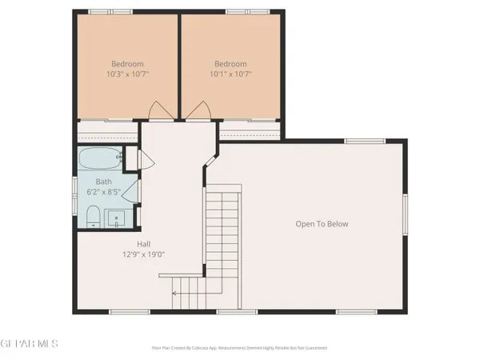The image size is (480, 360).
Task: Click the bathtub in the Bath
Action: pyautogui.click(x=100, y=157)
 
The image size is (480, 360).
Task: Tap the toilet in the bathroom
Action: pyautogui.click(x=92, y=216)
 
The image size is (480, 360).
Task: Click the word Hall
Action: pyautogui.click(x=144, y=244)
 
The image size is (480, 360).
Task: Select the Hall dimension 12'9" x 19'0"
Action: pyautogui.click(x=144, y=254)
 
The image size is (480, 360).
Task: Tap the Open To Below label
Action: pyautogui.click(x=322, y=224)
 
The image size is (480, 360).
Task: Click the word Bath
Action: pyautogui.click(x=104, y=182)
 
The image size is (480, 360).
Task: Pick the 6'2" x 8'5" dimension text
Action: pyautogui.click(x=104, y=192)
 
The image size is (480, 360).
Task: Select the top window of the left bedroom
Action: pyautogui.click(x=99, y=12)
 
